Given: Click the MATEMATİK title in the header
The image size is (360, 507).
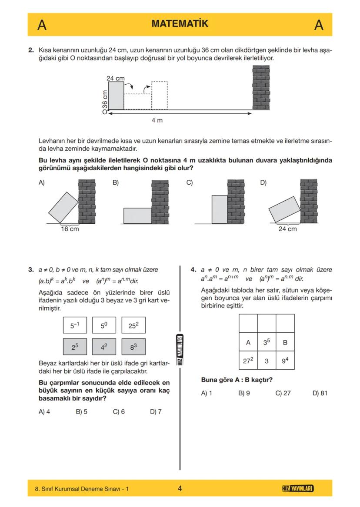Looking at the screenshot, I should [180, 24].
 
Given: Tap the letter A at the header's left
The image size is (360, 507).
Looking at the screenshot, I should [42, 25].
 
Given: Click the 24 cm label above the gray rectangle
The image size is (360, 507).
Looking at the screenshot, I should [115, 78].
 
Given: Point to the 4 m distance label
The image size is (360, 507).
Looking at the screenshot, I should [157, 120].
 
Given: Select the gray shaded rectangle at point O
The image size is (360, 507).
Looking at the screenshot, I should [116, 96].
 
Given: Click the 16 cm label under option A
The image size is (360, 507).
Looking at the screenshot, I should [70, 229].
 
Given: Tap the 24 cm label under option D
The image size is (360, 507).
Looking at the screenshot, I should [287, 229].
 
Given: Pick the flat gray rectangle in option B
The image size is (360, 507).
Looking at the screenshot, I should [137, 215].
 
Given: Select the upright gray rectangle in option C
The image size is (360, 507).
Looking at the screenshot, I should [219, 209].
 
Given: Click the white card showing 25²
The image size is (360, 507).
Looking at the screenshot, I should [133, 325].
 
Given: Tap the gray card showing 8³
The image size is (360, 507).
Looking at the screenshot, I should [133, 347].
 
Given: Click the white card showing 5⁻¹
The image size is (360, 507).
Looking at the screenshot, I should [75, 325].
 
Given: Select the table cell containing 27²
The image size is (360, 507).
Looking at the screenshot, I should [248, 361].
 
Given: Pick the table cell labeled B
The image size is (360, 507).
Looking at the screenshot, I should [285, 342].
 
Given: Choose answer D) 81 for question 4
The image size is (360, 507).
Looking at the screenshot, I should [320, 393].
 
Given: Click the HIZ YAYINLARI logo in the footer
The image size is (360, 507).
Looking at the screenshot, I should [297, 489].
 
